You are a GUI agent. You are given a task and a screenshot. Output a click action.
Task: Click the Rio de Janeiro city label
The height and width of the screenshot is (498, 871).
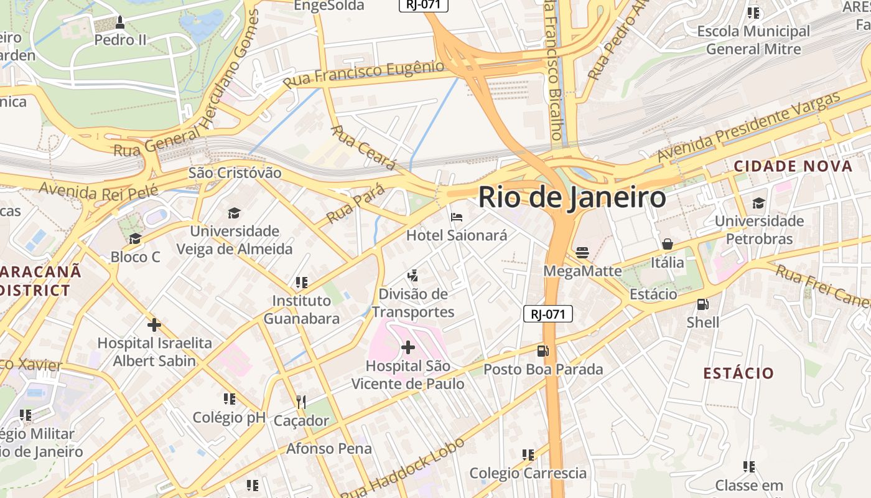(572, 197)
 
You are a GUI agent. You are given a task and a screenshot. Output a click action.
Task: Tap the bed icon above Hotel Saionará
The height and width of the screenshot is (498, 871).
(457, 217)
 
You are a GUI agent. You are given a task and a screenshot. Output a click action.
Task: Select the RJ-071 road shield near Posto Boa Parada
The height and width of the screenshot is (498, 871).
(547, 314)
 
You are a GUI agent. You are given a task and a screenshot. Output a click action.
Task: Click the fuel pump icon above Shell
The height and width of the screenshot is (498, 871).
(702, 304)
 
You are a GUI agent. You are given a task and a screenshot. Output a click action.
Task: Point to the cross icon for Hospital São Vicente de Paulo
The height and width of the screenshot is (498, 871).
(408, 347)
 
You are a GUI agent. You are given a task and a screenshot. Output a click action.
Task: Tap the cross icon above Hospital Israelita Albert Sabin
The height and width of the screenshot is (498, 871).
(154, 324)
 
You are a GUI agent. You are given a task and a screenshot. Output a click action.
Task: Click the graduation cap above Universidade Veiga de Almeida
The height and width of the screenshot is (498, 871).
(234, 213)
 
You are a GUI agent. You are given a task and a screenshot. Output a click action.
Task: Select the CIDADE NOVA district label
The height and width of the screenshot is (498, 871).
(793, 166)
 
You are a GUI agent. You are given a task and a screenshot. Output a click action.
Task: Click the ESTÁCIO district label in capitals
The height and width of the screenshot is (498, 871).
(738, 374)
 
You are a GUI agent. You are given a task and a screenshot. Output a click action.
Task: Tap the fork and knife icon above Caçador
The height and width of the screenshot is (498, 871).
(301, 402)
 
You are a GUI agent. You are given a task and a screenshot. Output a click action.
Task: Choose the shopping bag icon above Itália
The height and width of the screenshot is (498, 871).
(668, 244)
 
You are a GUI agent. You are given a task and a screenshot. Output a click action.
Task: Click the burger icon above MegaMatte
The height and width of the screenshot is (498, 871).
(582, 252)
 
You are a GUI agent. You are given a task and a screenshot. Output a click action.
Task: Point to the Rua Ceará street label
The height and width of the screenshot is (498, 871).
(363, 148)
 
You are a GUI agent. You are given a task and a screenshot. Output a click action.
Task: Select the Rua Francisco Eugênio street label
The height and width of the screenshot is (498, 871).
(363, 74)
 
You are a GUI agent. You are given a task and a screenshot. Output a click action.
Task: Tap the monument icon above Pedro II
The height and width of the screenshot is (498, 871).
(120, 22)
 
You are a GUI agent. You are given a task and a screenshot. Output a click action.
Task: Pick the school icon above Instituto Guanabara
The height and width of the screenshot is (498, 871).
(302, 283)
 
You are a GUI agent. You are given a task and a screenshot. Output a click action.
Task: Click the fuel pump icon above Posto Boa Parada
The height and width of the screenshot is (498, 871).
(543, 351)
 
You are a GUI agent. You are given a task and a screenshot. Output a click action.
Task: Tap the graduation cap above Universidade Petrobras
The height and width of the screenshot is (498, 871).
(758, 203)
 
